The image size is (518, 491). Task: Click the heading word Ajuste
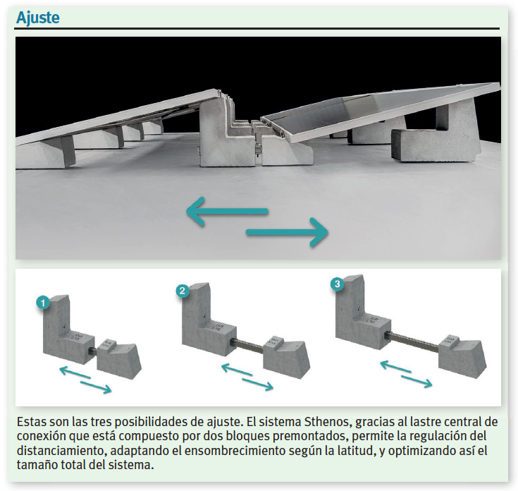coord(38,18)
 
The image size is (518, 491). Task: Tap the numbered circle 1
coord(43,303)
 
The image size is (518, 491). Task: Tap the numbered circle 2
coord(183,291)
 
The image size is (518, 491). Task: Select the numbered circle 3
coord(337,284)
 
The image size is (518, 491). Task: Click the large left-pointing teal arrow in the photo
coord(227,211)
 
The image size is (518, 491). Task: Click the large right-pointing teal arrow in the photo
coord(287,232)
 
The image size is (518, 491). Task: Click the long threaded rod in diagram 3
coord(414,341)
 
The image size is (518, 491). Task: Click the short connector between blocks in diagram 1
coord(94,351)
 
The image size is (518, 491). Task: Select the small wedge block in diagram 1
coord(119,359)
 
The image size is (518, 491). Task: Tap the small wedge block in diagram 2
coord(286,357)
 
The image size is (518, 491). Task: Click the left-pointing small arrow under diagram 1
coord(75,372)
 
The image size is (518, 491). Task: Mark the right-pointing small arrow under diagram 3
coord(417,382)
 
